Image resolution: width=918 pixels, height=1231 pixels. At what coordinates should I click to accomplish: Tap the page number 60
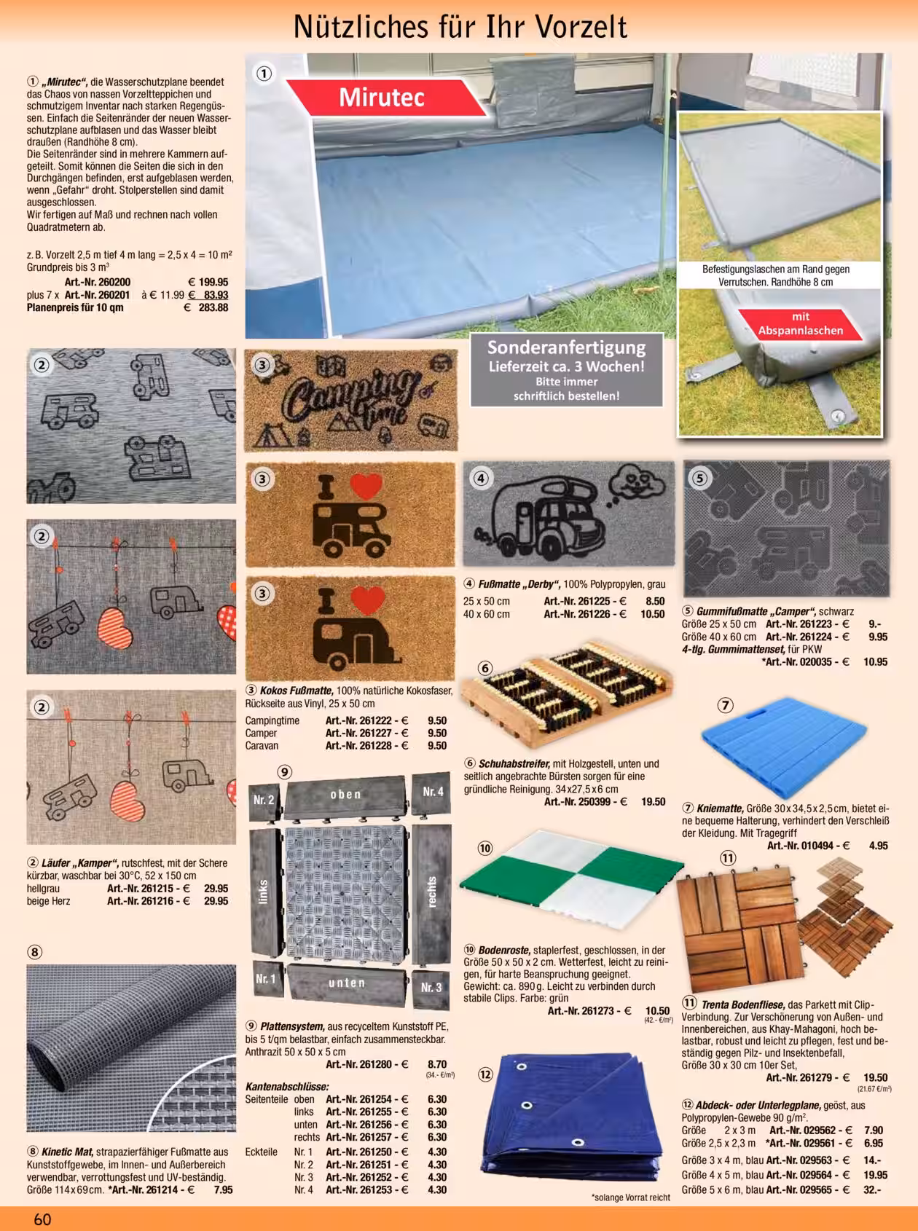pos(42,1219)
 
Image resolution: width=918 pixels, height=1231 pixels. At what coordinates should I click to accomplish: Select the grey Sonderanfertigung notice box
pos(566,370)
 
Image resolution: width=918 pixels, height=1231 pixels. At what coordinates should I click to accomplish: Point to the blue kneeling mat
pos(785,746)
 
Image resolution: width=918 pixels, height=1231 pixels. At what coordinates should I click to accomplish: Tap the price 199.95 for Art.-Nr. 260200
pos(208,283)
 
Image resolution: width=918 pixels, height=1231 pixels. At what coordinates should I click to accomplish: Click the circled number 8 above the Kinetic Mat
pos(35,951)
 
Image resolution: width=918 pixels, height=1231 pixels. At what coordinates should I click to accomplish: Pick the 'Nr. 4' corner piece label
pos(433,791)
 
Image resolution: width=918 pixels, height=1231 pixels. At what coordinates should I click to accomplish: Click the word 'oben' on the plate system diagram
pos(346,795)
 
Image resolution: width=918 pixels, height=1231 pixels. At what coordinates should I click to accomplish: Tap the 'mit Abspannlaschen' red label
pos(800,324)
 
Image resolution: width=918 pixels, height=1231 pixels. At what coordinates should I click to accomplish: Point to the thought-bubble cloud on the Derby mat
pos(632,483)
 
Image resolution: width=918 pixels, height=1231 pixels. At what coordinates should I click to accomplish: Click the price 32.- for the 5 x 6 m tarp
pos(872,1190)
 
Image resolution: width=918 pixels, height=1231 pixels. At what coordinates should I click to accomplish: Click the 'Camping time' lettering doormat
pos(350,400)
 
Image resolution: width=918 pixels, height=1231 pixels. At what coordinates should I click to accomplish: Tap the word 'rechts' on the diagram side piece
pos(433,892)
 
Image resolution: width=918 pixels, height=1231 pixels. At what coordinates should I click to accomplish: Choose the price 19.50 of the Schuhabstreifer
pos(654,802)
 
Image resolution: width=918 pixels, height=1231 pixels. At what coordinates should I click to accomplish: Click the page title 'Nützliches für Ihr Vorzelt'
pos(460,27)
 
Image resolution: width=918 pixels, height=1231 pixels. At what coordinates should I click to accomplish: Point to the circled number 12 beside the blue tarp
pos(485,1074)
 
